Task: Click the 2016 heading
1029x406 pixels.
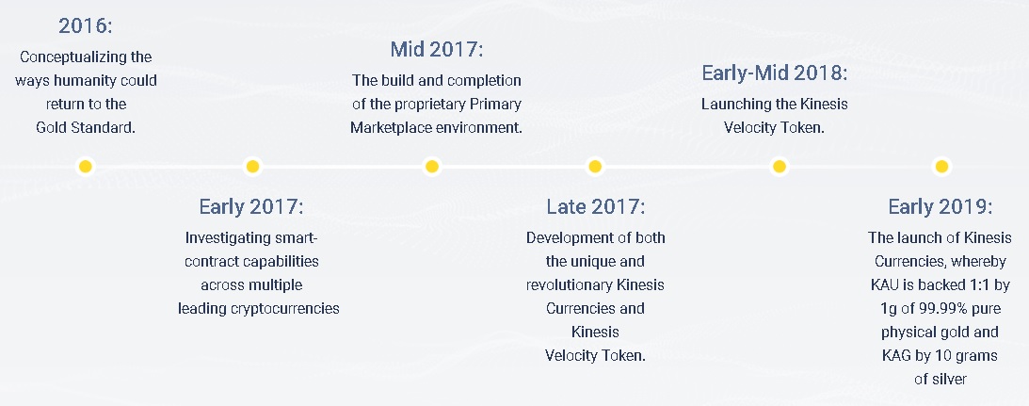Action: click(86, 26)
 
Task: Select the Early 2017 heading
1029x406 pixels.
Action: click(251, 207)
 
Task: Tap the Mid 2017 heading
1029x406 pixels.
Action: click(437, 49)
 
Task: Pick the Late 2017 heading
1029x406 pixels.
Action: click(596, 207)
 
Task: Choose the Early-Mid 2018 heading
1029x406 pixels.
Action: click(775, 73)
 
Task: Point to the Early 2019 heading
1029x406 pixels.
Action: click(941, 207)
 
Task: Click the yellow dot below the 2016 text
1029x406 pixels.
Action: click(86, 167)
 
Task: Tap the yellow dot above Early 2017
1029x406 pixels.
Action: click(252, 167)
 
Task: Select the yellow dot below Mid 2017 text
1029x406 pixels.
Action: click(431, 167)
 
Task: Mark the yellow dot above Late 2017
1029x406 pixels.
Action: click(595, 167)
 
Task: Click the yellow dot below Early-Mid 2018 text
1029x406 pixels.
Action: click(779, 167)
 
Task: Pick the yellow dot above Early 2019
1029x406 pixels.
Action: click(941, 167)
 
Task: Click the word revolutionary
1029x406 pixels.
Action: click(570, 285)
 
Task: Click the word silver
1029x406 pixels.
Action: click(949, 379)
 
